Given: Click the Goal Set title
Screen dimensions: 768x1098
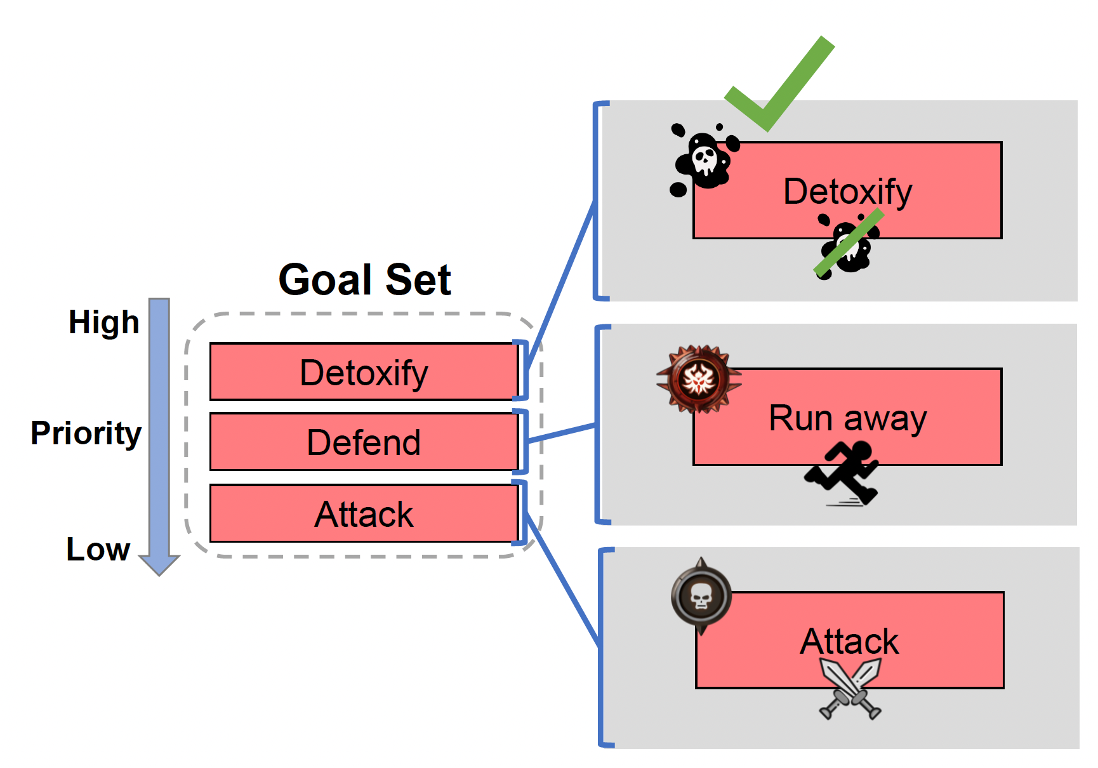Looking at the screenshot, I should click(364, 280).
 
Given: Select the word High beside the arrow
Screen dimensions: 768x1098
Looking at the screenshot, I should click(103, 322).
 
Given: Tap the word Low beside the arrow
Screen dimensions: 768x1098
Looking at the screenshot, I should click(98, 549).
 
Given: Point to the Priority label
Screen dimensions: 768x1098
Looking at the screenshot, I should click(86, 434).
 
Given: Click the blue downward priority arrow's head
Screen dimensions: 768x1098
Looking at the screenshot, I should click(159, 564).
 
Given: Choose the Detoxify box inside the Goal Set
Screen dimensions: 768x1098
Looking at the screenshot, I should click(364, 372).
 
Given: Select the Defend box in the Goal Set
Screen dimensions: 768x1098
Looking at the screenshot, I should click(364, 442).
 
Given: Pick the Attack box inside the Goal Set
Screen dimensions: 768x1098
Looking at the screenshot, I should click(364, 513).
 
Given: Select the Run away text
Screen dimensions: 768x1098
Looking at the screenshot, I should click(847, 418).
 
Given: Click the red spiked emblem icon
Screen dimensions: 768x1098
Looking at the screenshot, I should click(699, 380).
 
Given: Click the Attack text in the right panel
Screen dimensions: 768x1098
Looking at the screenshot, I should click(849, 641).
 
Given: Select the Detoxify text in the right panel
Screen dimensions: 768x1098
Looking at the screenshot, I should click(847, 191).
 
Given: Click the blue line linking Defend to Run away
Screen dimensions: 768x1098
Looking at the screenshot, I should click(562, 433).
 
